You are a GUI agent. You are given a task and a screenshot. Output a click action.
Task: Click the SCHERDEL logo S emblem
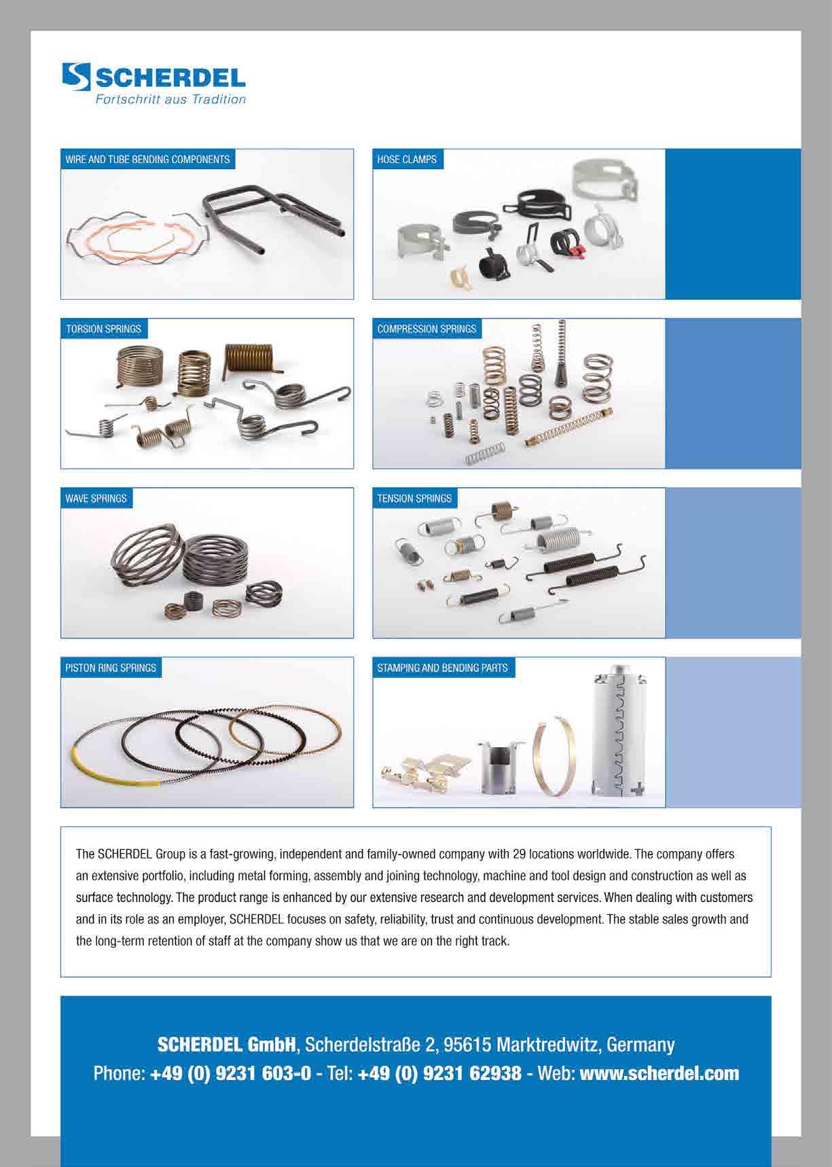[76, 77]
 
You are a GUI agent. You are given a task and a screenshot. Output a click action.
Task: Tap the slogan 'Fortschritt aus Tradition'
[169, 100]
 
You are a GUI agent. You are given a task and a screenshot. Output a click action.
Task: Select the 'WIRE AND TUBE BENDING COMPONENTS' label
[147, 160]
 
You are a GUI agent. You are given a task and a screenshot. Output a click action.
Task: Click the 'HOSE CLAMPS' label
[407, 160]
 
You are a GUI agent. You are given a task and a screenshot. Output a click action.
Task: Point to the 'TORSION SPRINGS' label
[103, 329]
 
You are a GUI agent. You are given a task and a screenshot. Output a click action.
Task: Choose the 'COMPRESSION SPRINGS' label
[427, 329]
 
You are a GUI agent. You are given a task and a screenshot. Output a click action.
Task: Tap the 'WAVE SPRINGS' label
[96, 499]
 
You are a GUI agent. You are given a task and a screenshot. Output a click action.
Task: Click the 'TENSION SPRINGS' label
[414, 499]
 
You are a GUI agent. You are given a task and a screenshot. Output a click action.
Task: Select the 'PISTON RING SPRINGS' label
[111, 668]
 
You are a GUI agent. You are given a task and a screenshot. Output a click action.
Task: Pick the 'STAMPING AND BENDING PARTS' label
[442, 668]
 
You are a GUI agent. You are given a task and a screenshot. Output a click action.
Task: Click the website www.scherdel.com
[659, 1073]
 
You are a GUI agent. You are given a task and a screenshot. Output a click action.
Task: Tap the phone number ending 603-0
[231, 1073]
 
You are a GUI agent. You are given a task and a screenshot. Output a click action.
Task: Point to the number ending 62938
[439, 1073]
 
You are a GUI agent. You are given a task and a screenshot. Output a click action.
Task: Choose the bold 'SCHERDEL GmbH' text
[227, 1044]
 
